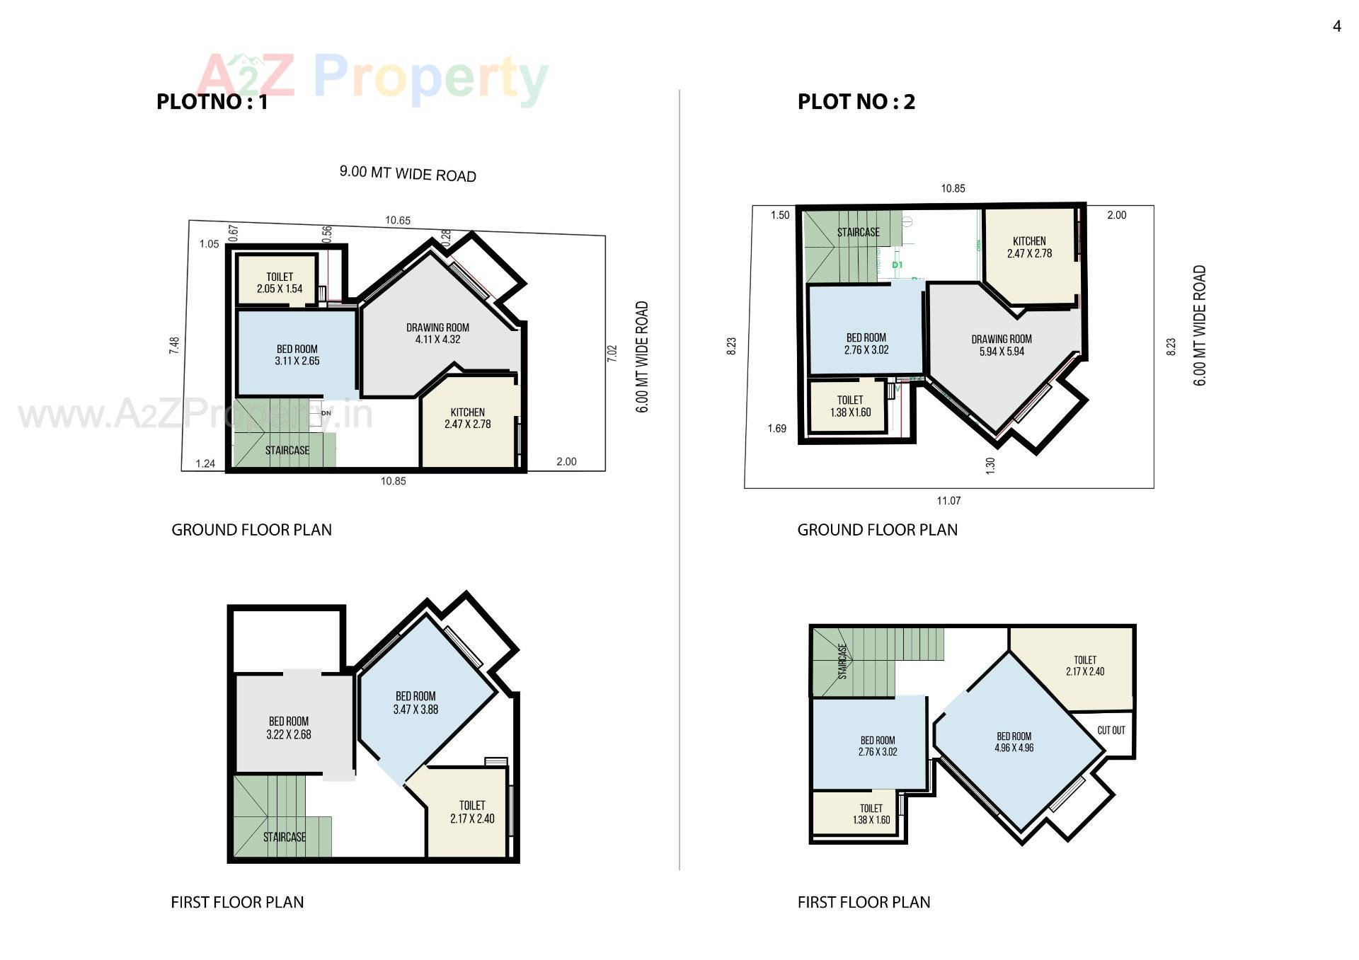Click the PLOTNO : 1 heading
pos(212,102)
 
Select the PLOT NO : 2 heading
pos(856,102)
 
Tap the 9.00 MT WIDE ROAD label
pos(408,174)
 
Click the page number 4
pos(1336,26)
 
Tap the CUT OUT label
pos(1111,730)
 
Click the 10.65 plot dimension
pos(398,220)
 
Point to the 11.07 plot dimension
pos(948,501)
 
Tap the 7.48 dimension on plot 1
pos(174,345)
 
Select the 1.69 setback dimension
pos(776,428)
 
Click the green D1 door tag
pos(897,265)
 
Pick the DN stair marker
pos(326,412)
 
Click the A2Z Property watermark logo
pos(372,78)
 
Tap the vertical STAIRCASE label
pos(842,661)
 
